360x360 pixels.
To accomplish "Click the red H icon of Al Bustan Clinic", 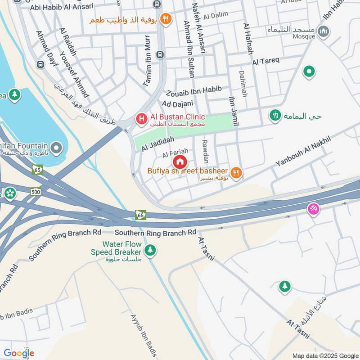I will click(141, 119).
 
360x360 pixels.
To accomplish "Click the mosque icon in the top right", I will click(323, 31).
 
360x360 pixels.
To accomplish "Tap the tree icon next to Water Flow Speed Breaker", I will click(150, 250).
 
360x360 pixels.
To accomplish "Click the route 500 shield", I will click(36, 192).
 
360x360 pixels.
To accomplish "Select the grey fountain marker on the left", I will click(56, 148).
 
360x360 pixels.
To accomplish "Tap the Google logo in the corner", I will click(18, 353).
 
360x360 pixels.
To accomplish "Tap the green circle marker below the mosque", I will click(308, 71).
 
